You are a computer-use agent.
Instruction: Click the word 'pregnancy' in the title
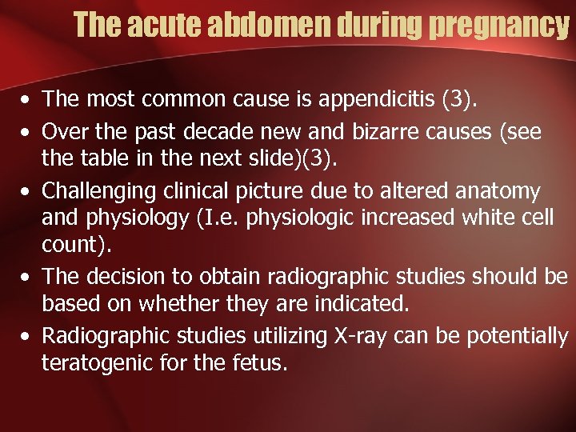tap(498, 27)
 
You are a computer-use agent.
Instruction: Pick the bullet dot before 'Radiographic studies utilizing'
tap(27, 337)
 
